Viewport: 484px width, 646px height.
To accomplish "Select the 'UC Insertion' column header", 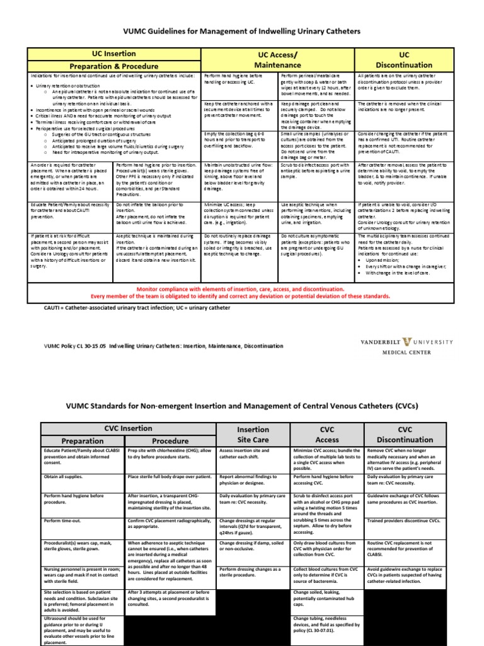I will tap(113, 54).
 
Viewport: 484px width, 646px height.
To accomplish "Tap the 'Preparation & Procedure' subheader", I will tap(113, 66).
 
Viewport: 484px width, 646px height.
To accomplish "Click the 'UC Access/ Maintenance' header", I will tap(277, 60).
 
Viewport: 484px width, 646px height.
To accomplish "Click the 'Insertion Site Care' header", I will tap(252, 435).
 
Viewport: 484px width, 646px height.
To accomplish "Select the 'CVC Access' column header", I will tap(327, 435).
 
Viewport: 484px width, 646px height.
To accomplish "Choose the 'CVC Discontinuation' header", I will tap(404, 435).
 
